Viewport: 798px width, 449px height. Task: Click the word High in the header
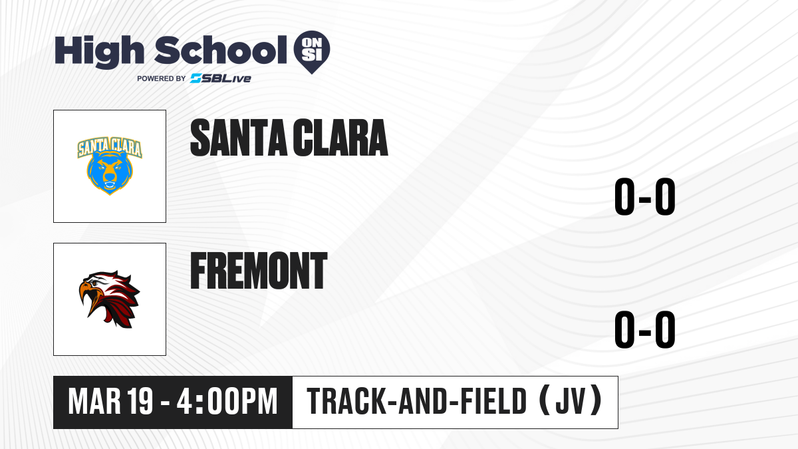[x=99, y=51]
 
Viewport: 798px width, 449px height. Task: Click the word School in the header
[x=221, y=50]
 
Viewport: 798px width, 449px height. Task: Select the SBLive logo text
[x=221, y=78]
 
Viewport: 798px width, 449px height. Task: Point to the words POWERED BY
[x=162, y=78]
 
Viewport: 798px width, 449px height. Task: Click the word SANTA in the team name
[x=239, y=138]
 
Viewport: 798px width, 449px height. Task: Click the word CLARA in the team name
[x=340, y=138]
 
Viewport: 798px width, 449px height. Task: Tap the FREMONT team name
[x=259, y=271]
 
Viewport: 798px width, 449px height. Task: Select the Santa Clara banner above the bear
[x=110, y=146]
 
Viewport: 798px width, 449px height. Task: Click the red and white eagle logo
[x=109, y=299]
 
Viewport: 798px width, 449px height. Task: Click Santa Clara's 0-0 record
[x=645, y=196]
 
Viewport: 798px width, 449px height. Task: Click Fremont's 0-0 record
[x=645, y=329]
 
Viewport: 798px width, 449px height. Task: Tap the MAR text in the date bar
[x=94, y=402]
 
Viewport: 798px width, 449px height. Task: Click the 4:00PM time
[x=227, y=402]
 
